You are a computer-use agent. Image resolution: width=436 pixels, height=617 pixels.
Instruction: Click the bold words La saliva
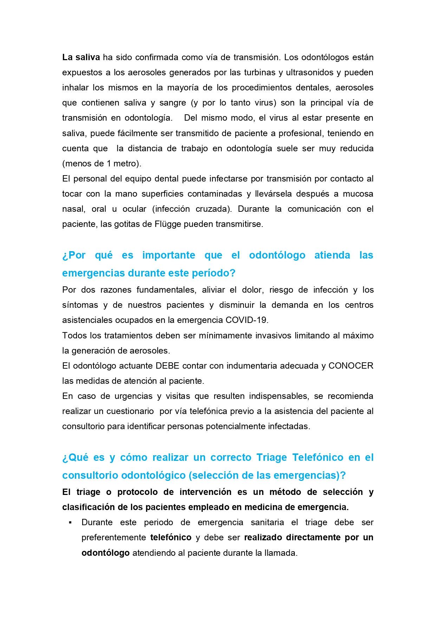[x=81, y=57]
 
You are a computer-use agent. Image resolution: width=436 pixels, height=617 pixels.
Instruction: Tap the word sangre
[x=173, y=103]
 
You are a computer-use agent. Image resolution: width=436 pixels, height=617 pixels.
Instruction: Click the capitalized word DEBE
[x=168, y=366]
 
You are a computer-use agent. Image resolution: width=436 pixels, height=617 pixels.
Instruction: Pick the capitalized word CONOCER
[x=351, y=366]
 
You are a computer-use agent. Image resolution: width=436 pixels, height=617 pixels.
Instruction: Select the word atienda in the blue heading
[x=332, y=255]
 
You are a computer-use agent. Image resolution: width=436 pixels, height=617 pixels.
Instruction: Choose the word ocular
[x=134, y=209]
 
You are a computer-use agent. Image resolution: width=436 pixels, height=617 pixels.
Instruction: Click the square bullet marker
[x=70, y=523]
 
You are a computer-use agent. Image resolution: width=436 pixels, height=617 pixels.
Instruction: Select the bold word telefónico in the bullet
[x=171, y=538]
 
